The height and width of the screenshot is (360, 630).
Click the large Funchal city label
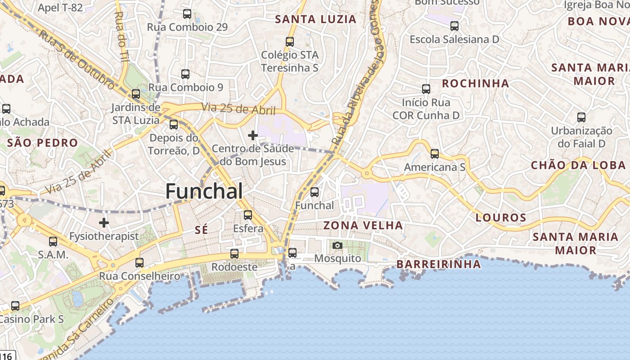(204, 191)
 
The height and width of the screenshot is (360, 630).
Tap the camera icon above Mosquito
(337, 245)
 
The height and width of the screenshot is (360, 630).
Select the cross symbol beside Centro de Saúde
(253, 135)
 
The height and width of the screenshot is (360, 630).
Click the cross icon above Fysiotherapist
(104, 223)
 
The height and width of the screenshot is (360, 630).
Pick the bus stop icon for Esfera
(248, 215)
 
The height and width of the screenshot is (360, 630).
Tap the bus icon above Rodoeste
(234, 254)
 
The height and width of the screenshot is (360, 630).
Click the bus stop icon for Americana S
(435, 154)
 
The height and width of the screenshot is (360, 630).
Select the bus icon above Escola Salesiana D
(454, 26)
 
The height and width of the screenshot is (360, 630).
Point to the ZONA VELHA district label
(363, 225)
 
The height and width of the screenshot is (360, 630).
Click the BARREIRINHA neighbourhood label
(438, 264)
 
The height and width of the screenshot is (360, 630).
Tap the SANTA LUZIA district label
(316, 19)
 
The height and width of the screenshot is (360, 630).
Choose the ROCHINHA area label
(476, 83)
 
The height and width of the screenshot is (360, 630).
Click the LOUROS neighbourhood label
(501, 218)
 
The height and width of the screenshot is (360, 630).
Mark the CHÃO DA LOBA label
(578, 165)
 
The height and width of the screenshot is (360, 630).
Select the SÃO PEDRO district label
(43, 143)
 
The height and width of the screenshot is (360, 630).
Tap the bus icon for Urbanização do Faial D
(581, 118)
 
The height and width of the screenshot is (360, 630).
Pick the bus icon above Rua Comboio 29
(187, 14)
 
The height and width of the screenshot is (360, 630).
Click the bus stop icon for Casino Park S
(15, 306)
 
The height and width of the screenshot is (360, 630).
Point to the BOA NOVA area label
(598, 21)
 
